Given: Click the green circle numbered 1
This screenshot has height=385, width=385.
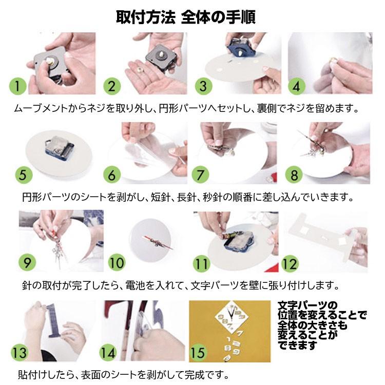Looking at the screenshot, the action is [x=17, y=86].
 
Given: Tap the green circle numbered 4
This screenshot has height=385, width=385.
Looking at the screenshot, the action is [x=297, y=86].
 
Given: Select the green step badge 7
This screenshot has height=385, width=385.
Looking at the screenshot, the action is [x=200, y=175].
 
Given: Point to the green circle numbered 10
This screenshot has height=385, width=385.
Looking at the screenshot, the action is [x=117, y=263].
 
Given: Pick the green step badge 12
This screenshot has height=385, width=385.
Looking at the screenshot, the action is [x=290, y=264].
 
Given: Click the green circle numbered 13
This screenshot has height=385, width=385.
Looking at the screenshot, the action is [x=20, y=353].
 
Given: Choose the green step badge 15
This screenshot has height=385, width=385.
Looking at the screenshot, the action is [x=198, y=353].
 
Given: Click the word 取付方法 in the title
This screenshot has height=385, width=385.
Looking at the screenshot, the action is [x=146, y=17].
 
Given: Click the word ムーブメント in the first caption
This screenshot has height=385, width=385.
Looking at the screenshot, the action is [x=40, y=108].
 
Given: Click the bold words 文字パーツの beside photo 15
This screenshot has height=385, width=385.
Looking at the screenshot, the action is [x=308, y=306].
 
